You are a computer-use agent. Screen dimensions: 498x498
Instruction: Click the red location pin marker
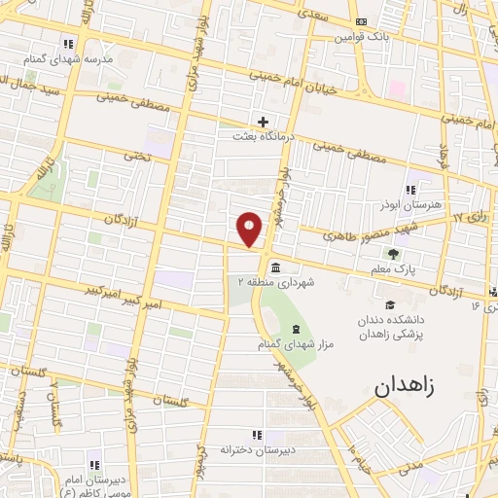[250, 228]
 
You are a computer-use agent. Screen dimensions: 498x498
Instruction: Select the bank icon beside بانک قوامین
[361, 22]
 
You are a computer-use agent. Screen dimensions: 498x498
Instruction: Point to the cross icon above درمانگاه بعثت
[263, 122]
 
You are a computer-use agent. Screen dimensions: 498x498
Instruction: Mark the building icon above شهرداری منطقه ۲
[276, 267]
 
